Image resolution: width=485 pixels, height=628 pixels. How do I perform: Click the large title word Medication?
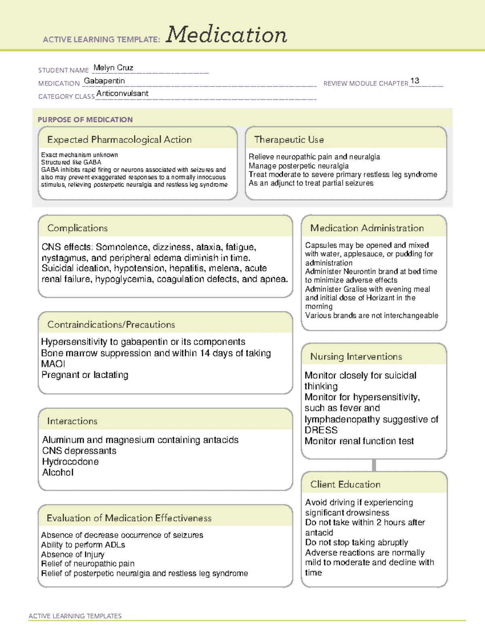coord(226,35)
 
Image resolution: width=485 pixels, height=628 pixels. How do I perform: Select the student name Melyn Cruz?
coord(113,68)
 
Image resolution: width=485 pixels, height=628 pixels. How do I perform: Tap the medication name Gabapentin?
coord(104,81)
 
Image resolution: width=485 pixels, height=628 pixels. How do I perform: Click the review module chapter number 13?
coord(414,81)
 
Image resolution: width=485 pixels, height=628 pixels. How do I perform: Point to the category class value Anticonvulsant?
coord(122,94)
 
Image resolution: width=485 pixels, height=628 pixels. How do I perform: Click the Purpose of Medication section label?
coord(85,120)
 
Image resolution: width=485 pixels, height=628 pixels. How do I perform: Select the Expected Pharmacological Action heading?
coord(119,140)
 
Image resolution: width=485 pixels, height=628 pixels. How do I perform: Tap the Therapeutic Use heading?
coord(289,140)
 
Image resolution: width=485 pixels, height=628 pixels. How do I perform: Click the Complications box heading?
coord(78,228)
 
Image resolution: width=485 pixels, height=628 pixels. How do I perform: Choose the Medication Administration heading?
coord(367,228)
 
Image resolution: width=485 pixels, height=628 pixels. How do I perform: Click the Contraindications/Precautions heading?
coord(111,325)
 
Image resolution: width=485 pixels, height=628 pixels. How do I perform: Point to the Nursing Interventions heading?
coord(356,357)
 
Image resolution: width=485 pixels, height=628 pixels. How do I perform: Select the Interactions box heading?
coord(72,421)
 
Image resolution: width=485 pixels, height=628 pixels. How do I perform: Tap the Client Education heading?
coord(346,484)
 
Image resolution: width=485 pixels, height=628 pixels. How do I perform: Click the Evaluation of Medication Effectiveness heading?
coord(129,518)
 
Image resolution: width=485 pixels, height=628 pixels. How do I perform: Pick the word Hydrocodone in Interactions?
coord(70,462)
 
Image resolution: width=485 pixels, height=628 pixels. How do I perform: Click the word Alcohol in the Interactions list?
coord(58,473)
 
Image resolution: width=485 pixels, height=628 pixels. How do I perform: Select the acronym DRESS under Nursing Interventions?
coord(321,430)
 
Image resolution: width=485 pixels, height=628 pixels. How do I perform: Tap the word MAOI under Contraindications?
coord(53,364)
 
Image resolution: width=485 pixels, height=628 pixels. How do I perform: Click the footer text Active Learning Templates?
coord(75,616)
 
